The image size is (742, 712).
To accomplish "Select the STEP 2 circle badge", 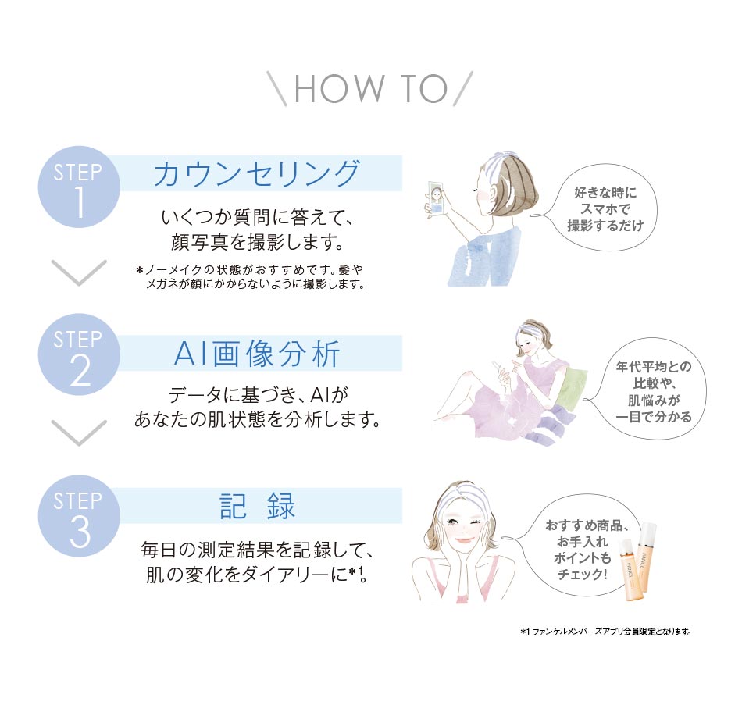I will click(79, 356).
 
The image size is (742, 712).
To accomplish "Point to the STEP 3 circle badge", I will click(79, 515).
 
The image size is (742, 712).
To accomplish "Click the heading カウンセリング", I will click(257, 173).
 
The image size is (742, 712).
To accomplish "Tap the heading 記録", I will click(257, 507).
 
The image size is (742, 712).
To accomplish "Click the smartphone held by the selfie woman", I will click(436, 198).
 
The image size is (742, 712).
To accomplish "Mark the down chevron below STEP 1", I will click(78, 272).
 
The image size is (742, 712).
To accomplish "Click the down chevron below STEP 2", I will click(78, 432).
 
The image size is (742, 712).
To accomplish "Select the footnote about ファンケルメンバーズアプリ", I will click(605, 631).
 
